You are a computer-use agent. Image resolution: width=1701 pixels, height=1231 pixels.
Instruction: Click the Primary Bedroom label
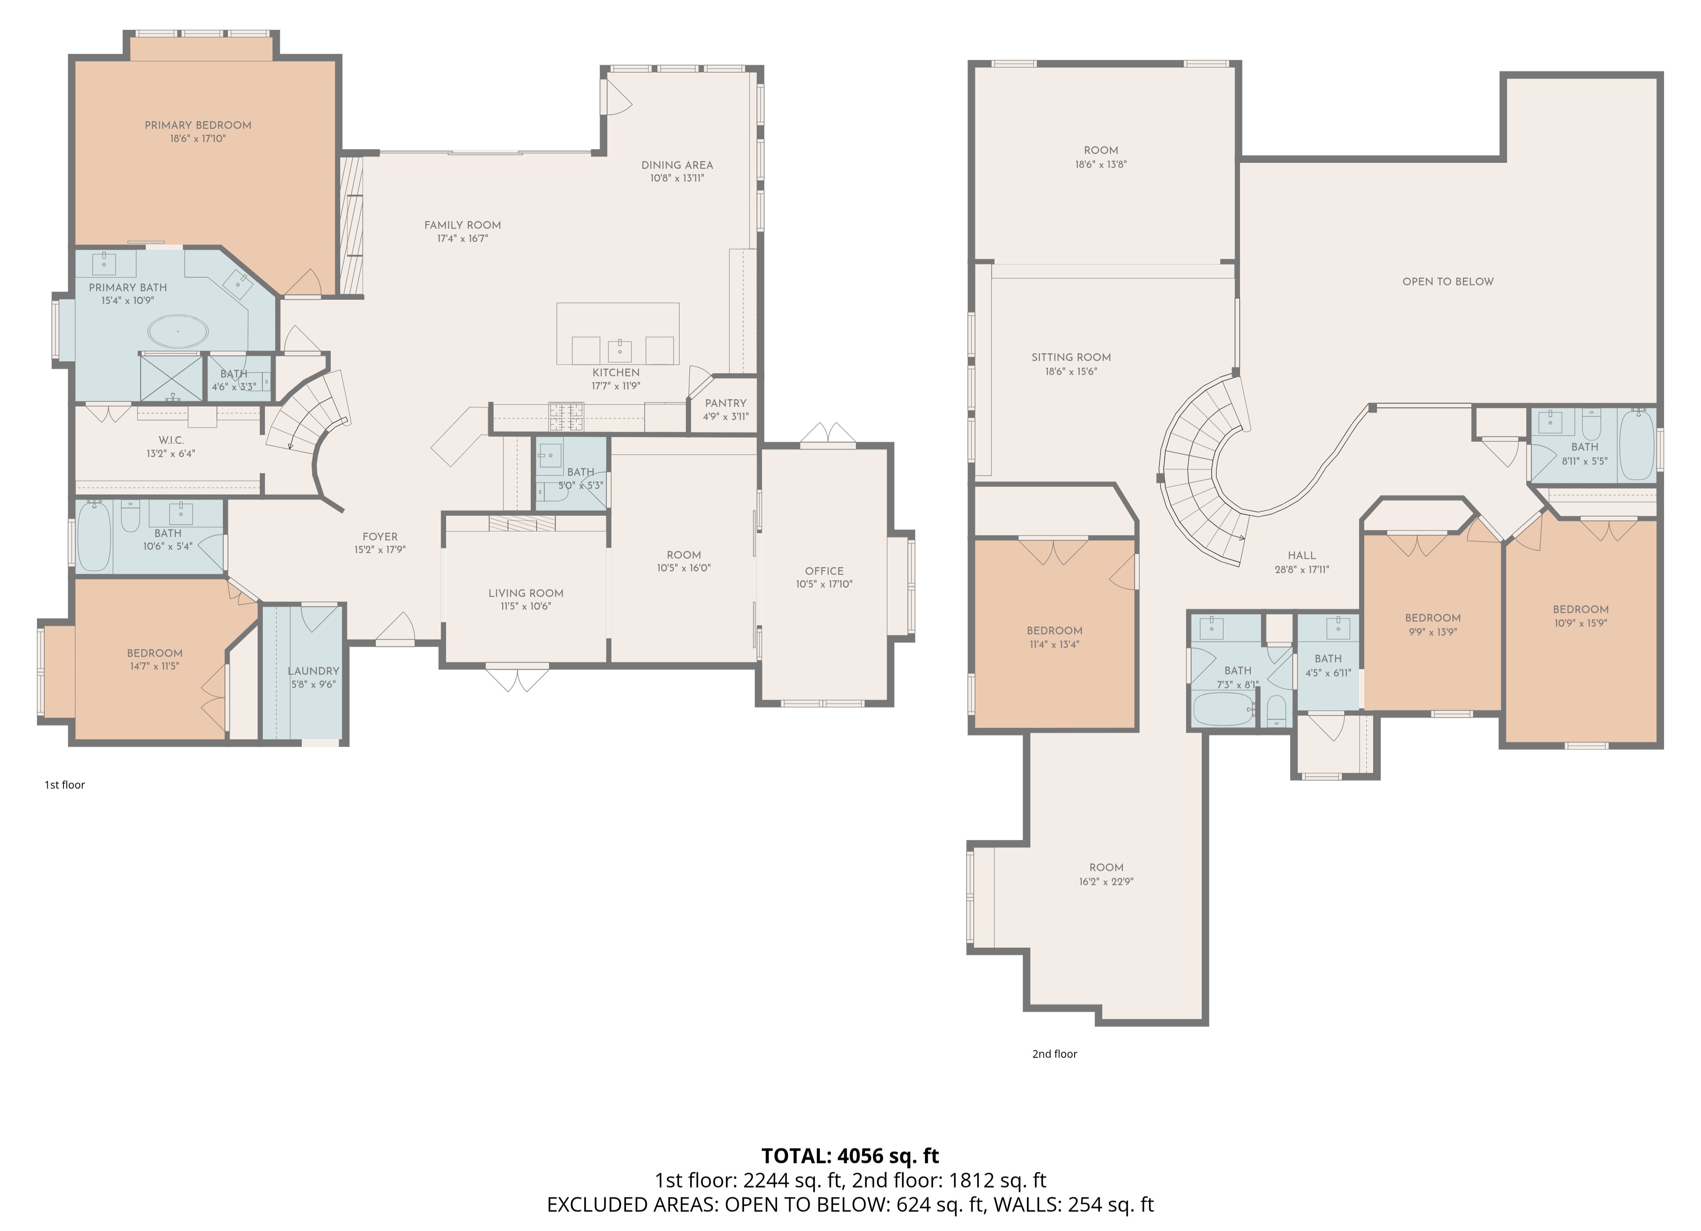click(198, 125)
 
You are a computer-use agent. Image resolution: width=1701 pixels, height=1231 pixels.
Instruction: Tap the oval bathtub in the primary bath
click(178, 331)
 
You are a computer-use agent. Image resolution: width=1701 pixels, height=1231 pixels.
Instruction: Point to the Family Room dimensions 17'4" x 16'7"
click(463, 239)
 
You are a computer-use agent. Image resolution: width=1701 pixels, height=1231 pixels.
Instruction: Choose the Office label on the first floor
click(824, 571)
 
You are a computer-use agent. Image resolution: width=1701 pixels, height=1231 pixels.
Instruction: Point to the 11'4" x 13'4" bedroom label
click(1055, 631)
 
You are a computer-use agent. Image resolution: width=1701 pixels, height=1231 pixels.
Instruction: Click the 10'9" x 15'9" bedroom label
click(1581, 609)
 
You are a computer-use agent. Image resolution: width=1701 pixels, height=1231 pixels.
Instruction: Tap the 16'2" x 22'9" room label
click(1106, 867)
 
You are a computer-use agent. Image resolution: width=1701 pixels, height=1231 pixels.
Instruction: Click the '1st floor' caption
click(65, 785)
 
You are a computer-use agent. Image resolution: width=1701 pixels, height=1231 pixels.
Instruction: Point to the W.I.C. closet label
click(171, 441)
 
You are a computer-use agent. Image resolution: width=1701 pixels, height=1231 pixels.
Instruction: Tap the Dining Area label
click(677, 165)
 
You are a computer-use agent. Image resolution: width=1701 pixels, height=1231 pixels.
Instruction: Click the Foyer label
click(380, 536)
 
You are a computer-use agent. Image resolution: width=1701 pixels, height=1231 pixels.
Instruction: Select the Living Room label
click(526, 593)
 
